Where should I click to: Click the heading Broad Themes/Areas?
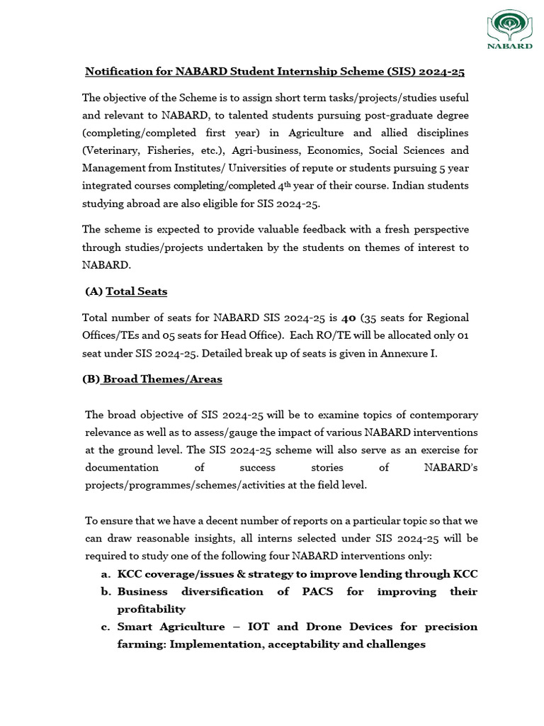(162, 379)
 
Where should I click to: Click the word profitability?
(151, 609)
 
